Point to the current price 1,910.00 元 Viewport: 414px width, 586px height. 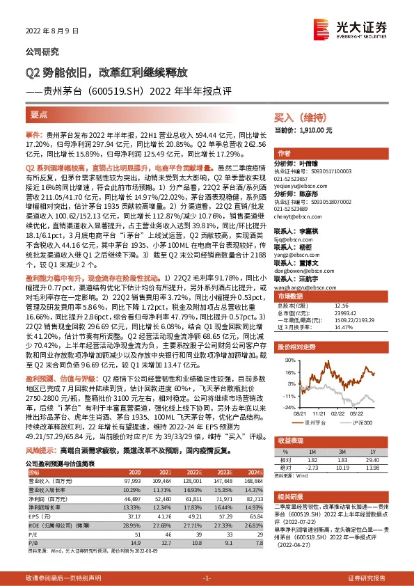click(x=317, y=130)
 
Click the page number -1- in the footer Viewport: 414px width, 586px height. click(x=207, y=576)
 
